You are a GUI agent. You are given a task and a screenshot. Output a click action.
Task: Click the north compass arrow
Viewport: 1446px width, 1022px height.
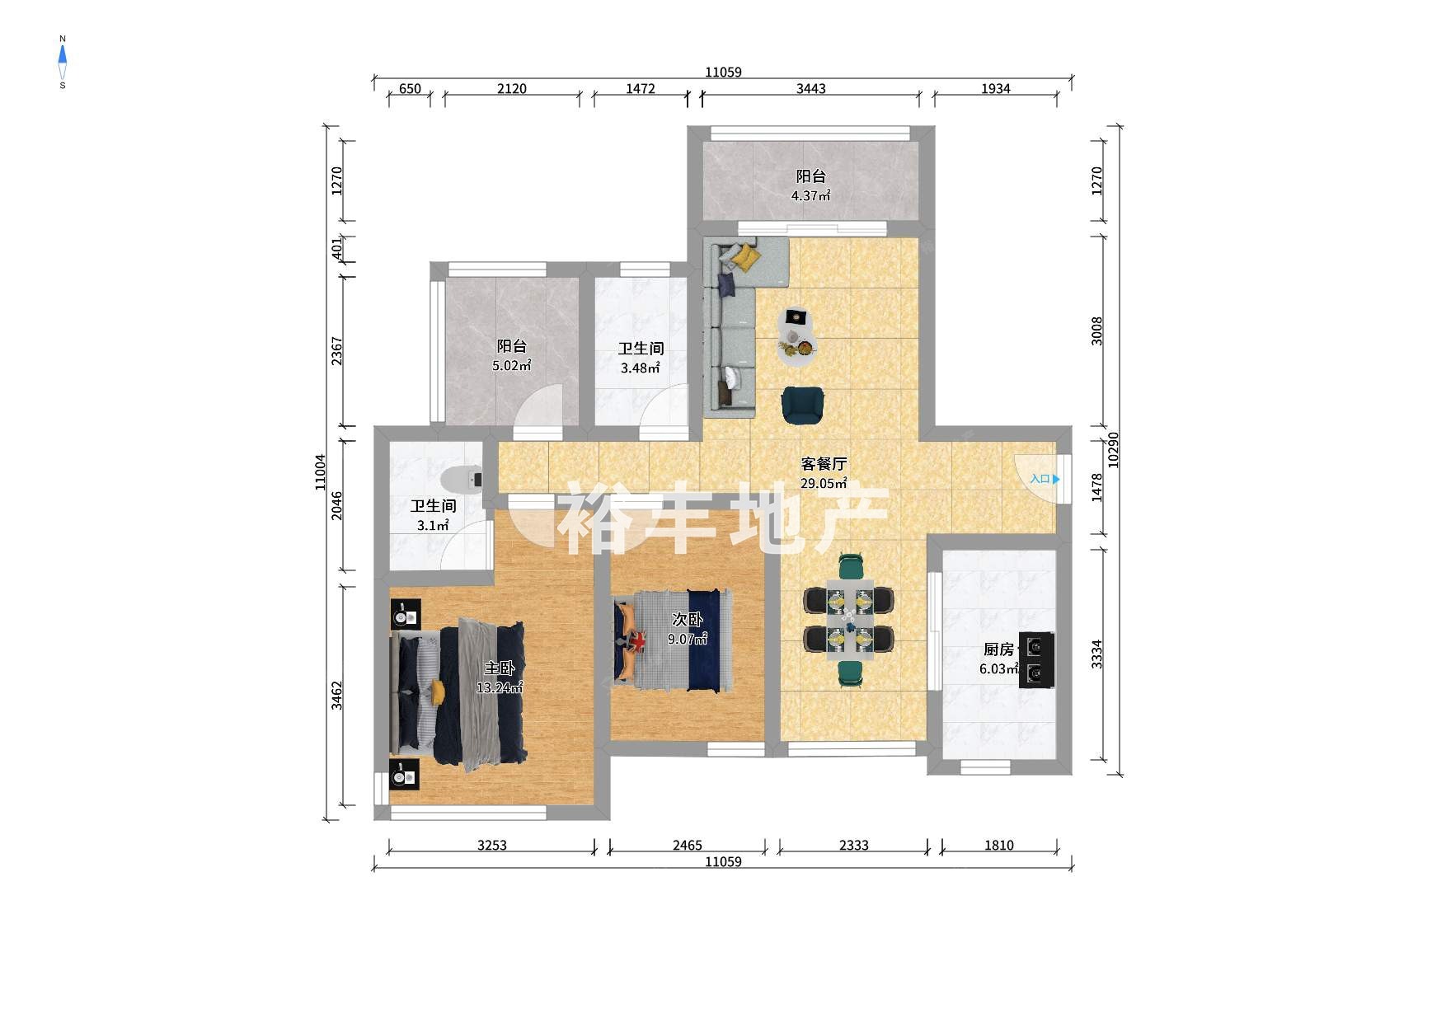click(x=63, y=54)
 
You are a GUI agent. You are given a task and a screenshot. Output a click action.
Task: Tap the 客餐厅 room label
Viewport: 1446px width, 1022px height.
click(x=824, y=464)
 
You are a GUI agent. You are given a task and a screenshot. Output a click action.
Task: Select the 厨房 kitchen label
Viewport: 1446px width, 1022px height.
click(x=998, y=650)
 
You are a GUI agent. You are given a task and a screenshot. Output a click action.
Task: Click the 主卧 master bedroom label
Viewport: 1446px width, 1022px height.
click(x=499, y=668)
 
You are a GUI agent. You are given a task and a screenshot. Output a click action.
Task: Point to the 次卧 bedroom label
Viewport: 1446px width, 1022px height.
click(x=687, y=620)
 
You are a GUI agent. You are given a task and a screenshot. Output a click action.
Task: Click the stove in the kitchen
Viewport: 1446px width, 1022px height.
click(x=1036, y=659)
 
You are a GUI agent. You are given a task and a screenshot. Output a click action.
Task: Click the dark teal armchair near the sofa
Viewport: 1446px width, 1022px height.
click(x=802, y=406)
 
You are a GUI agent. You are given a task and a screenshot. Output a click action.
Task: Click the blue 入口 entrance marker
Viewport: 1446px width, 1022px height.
click(x=1045, y=479)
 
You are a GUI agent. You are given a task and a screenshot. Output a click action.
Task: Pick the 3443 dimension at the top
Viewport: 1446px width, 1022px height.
click(x=810, y=89)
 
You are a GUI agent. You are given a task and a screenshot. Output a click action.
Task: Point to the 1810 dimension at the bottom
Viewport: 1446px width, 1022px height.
click(x=998, y=845)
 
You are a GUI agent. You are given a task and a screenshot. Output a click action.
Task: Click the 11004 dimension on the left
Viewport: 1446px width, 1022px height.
click(x=321, y=472)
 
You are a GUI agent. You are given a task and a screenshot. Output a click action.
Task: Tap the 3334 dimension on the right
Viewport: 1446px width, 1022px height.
click(x=1096, y=654)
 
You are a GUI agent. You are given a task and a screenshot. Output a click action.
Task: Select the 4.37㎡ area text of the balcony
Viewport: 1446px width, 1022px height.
click(x=810, y=196)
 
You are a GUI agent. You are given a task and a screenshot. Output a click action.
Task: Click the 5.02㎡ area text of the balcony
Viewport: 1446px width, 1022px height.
click(x=511, y=366)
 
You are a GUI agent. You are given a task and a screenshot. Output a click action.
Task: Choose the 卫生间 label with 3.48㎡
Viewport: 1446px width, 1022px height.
click(x=641, y=349)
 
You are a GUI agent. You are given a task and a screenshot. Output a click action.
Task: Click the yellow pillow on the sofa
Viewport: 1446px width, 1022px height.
click(x=747, y=257)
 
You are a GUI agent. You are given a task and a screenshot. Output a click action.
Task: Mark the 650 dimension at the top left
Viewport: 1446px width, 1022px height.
click(x=410, y=89)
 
